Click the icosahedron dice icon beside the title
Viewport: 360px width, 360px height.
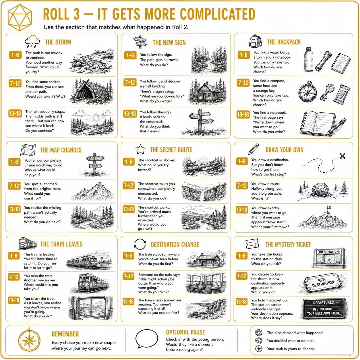click(20, 18)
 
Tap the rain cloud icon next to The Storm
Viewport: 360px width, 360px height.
click(32, 41)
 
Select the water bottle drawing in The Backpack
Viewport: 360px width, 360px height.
click(308, 59)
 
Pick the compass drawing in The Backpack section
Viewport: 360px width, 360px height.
click(307, 92)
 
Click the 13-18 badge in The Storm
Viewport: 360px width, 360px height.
click(15, 113)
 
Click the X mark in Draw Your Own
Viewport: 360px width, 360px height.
click(342, 156)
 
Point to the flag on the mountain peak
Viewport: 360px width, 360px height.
click(329, 208)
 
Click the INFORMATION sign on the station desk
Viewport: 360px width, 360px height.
click(329, 252)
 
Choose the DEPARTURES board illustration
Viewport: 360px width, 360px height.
click(324, 308)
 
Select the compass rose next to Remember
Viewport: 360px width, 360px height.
click(30, 340)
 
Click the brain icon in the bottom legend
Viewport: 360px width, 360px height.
click(259, 340)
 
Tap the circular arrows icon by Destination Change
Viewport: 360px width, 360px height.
click(140, 244)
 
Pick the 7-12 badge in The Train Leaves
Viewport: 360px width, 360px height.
click(14, 277)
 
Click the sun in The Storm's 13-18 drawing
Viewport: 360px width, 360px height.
click(96, 118)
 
